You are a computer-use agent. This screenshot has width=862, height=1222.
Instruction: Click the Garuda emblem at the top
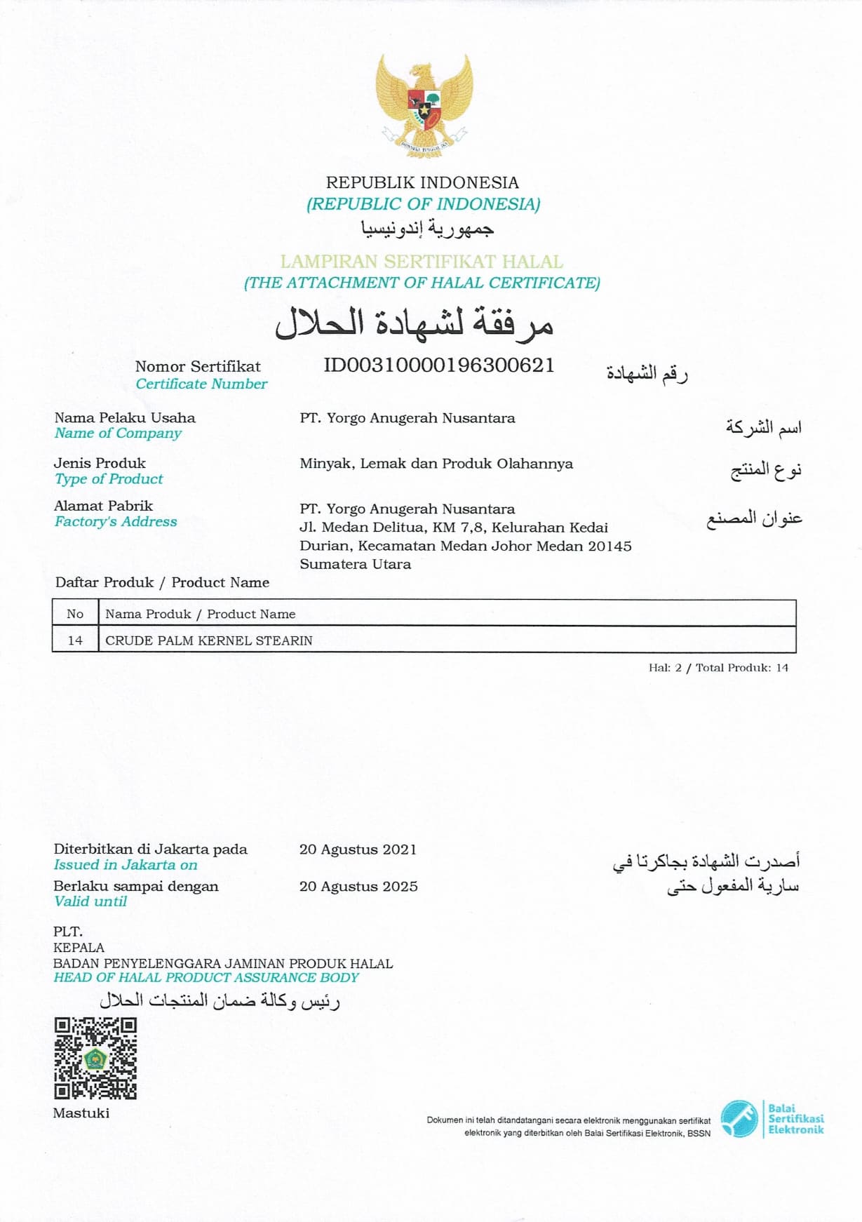point(424,103)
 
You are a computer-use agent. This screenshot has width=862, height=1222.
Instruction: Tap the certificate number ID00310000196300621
point(438,365)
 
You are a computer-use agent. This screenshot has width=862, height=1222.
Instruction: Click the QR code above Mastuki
point(95,1059)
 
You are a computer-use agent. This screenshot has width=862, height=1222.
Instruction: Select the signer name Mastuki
point(81,1113)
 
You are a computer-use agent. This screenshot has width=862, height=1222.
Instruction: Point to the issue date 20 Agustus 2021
point(358,850)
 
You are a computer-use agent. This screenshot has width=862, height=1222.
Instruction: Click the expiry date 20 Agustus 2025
point(358,886)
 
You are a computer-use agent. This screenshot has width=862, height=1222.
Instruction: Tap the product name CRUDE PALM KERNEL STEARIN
point(209,640)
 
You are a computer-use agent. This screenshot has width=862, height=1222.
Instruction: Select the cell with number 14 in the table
point(75,640)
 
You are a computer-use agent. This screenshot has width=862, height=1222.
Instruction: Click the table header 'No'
point(75,614)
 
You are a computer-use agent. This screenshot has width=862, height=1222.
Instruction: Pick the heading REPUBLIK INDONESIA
point(422,182)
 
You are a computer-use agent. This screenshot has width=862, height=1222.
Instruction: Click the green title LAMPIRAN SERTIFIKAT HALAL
point(422,262)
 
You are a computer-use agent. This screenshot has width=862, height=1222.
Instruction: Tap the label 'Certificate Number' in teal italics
point(201,384)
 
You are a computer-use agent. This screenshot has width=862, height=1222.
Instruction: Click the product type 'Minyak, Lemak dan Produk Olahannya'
point(436,464)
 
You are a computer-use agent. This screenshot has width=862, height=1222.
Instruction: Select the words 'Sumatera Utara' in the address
point(355,564)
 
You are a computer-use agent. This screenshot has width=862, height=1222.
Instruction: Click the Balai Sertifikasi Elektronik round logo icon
point(739,1119)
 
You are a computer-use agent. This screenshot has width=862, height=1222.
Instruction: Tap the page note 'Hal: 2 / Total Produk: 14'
point(718,668)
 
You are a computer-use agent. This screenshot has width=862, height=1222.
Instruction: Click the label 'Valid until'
point(90,901)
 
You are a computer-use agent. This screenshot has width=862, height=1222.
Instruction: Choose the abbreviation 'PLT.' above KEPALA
point(68,932)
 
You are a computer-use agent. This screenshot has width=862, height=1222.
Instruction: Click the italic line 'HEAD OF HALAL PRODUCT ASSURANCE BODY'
point(206,977)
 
